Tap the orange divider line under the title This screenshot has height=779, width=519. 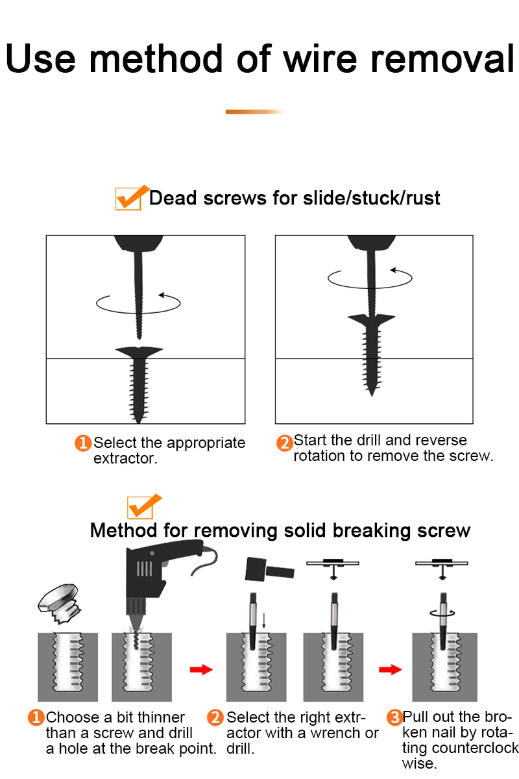click(254, 112)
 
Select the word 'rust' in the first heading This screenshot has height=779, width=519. click(424, 197)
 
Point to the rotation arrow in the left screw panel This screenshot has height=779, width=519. click(138, 301)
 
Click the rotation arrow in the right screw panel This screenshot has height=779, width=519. click(370, 278)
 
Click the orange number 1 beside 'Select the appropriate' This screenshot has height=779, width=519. click(83, 443)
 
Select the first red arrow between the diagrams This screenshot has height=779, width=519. click(201, 669)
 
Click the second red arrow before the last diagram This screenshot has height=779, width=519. click(391, 669)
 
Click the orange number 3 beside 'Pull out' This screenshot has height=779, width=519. click(394, 717)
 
